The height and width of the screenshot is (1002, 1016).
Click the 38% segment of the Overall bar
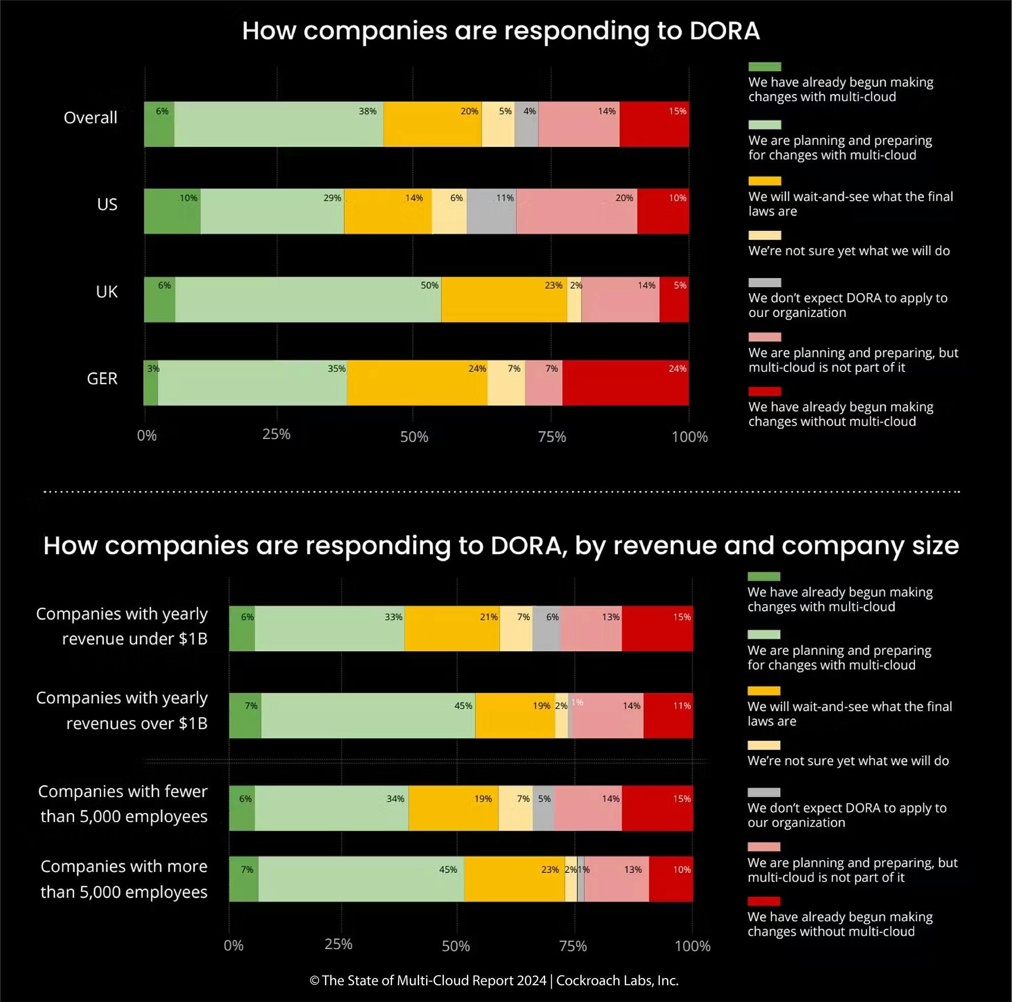point(279,124)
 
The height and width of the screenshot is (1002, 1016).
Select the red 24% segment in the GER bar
point(626,383)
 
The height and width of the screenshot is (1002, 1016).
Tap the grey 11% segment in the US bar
point(492,211)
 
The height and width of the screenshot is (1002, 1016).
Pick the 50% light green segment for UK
point(308,299)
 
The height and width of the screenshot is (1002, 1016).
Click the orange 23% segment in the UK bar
point(504,299)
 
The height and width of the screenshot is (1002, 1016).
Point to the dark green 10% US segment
point(173,211)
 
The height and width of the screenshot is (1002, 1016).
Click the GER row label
point(102,379)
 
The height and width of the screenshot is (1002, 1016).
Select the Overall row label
point(90,118)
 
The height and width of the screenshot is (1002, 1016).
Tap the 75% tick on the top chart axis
point(552,437)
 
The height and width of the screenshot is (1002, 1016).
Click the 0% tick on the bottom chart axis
point(234,946)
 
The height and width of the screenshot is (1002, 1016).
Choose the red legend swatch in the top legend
point(765,392)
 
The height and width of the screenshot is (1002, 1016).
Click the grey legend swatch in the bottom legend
point(764,793)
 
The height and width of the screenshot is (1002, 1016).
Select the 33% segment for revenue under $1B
point(330,629)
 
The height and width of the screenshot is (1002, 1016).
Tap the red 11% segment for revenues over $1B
point(669,716)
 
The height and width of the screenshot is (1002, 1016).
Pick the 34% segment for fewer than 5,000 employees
point(332,808)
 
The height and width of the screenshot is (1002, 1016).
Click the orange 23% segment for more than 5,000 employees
point(515,880)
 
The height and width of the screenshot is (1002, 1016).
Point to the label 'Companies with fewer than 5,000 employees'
point(123,804)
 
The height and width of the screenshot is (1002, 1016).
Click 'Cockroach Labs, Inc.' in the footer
point(617,981)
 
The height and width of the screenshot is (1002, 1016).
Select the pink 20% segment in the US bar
point(577,211)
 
